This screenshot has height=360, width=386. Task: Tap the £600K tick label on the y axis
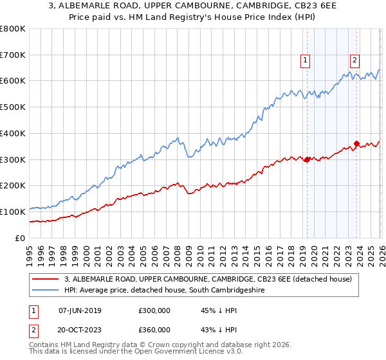[13, 81]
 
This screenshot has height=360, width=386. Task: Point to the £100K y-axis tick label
[13, 212]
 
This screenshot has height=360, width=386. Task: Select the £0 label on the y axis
[20, 238]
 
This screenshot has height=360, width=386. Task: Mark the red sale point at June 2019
[307, 159]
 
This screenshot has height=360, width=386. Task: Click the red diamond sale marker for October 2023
[356, 144]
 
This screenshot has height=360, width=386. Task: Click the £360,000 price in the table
[154, 330]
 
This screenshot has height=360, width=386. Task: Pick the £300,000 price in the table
[154, 310]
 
